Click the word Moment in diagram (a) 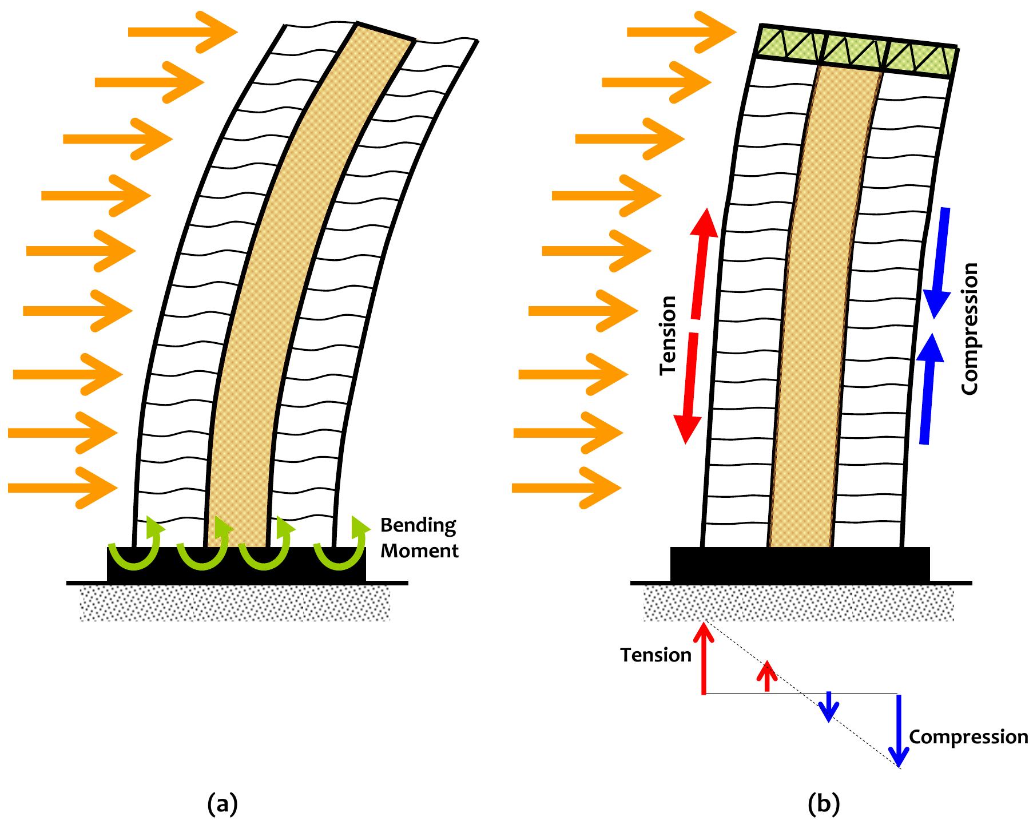pos(419,551)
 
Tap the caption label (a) pos(222,803)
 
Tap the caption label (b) pos(823,803)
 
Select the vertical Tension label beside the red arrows pos(668,335)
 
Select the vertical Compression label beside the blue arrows pos(970,328)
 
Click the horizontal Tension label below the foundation pos(656,655)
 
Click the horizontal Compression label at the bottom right pos(968,736)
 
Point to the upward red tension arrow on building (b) pos(701,263)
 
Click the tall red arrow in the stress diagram pos(704,658)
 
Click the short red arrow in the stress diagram pos(767,676)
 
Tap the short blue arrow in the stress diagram pos(828,707)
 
